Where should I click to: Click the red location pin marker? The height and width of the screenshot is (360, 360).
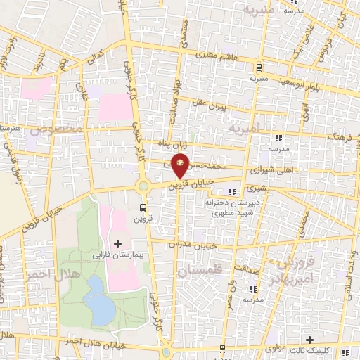coord(181,167)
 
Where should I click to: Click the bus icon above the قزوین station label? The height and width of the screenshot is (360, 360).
coord(143,207)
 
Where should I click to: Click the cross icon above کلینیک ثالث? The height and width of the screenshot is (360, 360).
coord(309,340)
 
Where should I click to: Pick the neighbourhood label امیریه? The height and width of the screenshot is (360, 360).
coord(244,129)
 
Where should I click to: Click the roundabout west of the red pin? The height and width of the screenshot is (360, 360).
coord(143,186)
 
